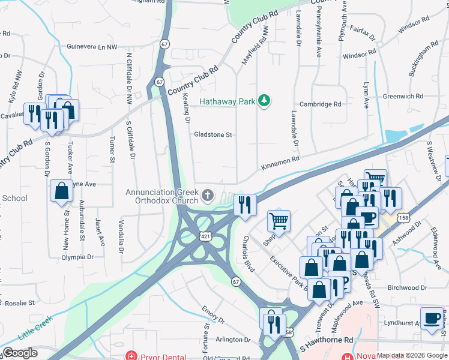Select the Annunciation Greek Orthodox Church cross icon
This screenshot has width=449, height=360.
208,194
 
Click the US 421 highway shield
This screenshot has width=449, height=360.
206,237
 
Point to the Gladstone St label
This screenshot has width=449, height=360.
212,135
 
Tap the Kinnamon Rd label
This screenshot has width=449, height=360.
279,161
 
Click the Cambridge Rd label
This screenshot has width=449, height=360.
321,104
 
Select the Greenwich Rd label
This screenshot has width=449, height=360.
403,96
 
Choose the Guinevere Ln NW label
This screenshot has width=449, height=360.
91,46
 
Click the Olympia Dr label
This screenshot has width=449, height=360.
77,257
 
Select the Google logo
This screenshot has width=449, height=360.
19,353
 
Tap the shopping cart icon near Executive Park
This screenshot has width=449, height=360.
279,221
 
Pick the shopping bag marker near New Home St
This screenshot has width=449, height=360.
61,191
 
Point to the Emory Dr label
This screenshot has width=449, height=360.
213,312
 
